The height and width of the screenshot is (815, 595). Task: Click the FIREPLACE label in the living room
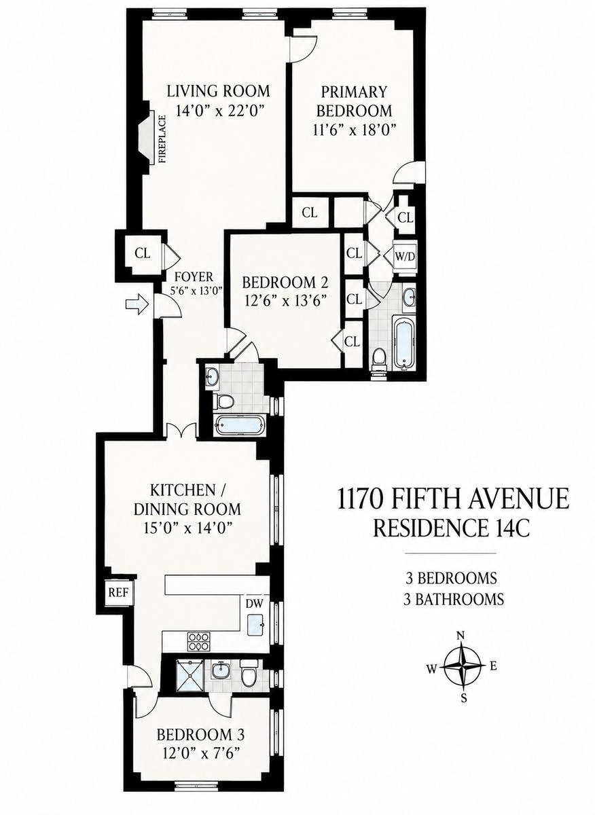pyautogui.click(x=162, y=139)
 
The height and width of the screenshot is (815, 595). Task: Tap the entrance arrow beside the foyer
pyautogui.click(x=137, y=303)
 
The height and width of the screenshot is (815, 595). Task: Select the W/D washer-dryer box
pyautogui.click(x=405, y=256)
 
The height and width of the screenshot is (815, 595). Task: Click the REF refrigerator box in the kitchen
pyautogui.click(x=119, y=592)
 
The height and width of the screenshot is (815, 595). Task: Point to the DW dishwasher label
pyautogui.click(x=255, y=604)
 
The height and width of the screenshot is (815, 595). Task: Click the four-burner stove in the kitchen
pyautogui.click(x=199, y=641)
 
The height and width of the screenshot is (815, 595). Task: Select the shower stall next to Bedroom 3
pyautogui.click(x=190, y=675)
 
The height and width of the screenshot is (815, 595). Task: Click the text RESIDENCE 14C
pyautogui.click(x=452, y=528)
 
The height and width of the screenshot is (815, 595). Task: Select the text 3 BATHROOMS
pyautogui.click(x=454, y=599)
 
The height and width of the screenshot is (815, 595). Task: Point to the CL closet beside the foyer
pyautogui.click(x=143, y=253)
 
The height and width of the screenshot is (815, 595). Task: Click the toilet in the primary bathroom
pyautogui.click(x=379, y=358)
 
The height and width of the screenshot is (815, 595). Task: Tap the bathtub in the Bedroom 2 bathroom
pyautogui.click(x=241, y=425)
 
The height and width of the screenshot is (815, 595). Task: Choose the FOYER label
pyautogui.click(x=194, y=277)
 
